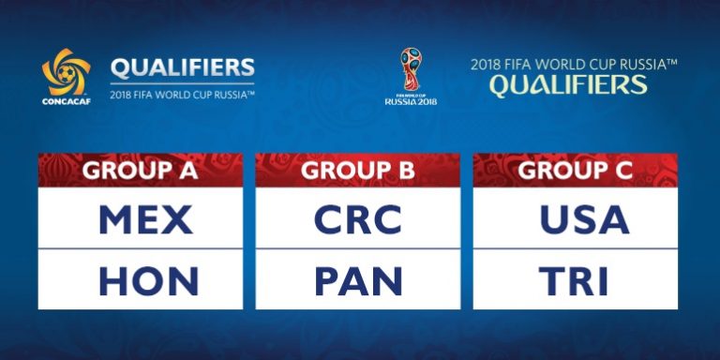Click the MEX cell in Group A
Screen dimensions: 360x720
point(145,219)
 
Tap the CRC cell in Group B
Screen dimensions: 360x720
point(357,219)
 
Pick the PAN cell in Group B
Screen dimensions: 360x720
point(358,280)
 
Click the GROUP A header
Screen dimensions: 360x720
point(140,171)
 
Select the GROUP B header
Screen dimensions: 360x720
point(357,171)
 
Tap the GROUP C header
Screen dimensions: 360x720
point(575,171)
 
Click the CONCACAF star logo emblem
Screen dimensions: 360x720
point(66,72)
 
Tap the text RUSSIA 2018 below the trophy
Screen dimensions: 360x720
point(411,100)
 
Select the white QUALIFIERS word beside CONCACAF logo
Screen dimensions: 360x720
point(182,67)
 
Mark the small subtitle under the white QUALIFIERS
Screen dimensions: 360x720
point(182,94)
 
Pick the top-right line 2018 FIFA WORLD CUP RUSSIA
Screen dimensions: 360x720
point(574,65)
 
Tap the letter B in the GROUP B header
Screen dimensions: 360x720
point(404,171)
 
